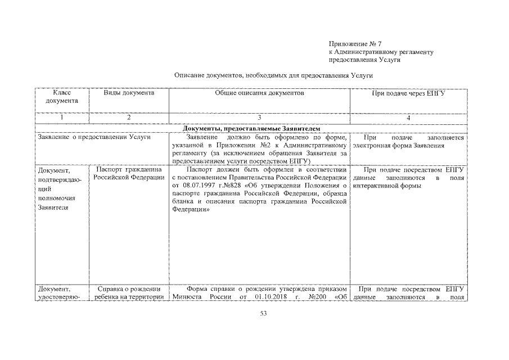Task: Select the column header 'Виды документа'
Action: pyautogui.click(x=129, y=93)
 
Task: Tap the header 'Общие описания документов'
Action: pyautogui.click(x=259, y=93)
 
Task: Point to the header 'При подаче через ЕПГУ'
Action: pyautogui.click(x=409, y=93)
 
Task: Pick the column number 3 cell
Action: pyautogui.click(x=259, y=118)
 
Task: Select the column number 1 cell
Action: pyautogui.click(x=62, y=118)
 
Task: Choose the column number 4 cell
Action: pyautogui.click(x=409, y=118)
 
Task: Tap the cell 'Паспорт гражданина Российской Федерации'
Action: pyautogui.click(x=129, y=173)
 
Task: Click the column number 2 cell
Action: pyautogui.click(x=129, y=118)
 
